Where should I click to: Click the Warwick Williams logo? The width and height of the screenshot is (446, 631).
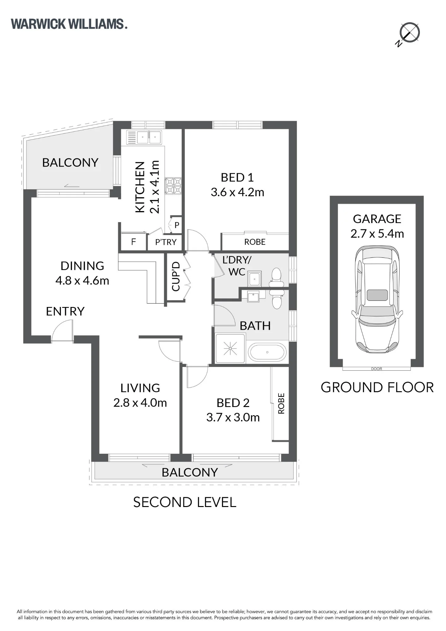69,24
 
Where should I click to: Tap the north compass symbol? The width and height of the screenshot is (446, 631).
408,33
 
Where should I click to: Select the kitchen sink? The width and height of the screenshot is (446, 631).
144,137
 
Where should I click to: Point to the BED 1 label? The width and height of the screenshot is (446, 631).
237,177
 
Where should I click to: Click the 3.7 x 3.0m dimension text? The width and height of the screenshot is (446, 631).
233,417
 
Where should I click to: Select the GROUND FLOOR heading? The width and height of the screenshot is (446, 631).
377,387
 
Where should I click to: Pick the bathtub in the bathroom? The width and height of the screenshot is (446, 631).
267,352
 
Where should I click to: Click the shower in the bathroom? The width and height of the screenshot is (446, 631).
230,348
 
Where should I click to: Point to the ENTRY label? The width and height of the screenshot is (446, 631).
65,311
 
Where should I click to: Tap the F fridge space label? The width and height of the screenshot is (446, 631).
133,242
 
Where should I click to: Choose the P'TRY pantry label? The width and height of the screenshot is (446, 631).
166,242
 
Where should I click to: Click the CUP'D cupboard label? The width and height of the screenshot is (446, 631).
176,277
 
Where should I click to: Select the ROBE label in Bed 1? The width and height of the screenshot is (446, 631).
255,242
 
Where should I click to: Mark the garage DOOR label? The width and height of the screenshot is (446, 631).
377,369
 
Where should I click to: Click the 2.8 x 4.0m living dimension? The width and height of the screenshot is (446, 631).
140,403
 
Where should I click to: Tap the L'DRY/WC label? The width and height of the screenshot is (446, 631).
237,266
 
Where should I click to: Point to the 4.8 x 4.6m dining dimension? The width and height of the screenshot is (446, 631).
82,280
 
